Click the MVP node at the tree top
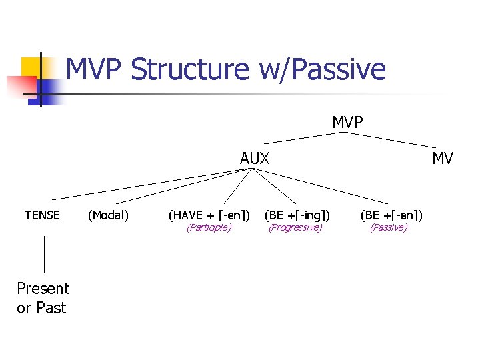coord(347,122)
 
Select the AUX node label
coord(255,159)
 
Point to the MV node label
coord(442,159)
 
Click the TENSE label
coord(42,215)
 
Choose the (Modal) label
coord(109,215)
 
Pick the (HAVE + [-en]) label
coord(209,215)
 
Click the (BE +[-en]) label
coord(391,215)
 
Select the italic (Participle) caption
coord(209,228)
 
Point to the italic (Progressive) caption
coord(295,228)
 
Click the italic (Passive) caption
coord(389,228)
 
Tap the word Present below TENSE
coord(43,289)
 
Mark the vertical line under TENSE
coord(44,254)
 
